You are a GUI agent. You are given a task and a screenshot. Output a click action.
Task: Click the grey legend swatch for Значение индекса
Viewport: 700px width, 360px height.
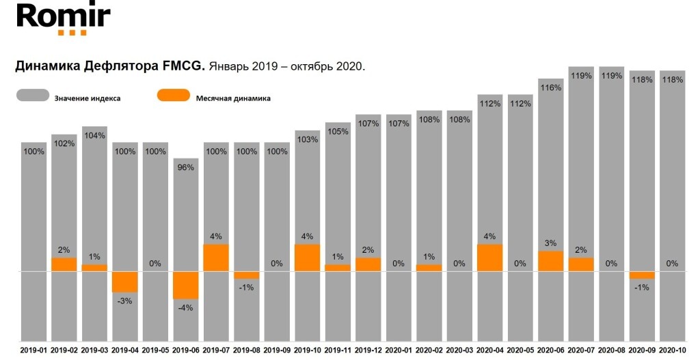[32, 96]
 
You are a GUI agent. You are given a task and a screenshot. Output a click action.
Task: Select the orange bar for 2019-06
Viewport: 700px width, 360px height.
[185, 285]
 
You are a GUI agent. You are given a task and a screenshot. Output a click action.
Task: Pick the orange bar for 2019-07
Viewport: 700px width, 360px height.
[216, 258]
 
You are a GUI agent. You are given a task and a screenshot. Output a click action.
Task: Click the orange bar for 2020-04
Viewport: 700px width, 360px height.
[489, 258]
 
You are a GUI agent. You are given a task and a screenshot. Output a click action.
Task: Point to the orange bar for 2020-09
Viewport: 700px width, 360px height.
[641, 275]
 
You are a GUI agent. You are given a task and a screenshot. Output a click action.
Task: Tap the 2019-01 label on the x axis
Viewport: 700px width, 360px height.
[33, 350]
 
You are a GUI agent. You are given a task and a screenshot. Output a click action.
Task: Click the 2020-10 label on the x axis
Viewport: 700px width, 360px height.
[672, 350]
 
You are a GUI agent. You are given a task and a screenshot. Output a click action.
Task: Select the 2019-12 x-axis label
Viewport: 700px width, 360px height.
[368, 350]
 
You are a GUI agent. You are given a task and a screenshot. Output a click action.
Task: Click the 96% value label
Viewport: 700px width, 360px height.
[186, 167]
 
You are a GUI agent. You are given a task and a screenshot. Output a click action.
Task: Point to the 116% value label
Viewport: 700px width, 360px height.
[550, 87]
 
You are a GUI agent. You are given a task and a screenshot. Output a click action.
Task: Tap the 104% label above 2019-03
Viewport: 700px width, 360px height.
[94, 135]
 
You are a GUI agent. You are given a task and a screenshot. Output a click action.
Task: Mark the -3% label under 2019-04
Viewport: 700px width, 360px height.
[125, 301]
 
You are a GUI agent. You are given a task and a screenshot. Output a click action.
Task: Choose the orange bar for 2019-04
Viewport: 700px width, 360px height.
[125, 281]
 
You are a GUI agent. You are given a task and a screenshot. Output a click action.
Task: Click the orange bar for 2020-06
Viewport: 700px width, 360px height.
[550, 261]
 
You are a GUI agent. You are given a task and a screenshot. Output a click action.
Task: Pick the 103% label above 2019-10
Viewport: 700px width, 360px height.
[307, 139]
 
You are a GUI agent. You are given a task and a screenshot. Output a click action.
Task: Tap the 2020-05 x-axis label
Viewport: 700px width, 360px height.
[520, 350]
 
